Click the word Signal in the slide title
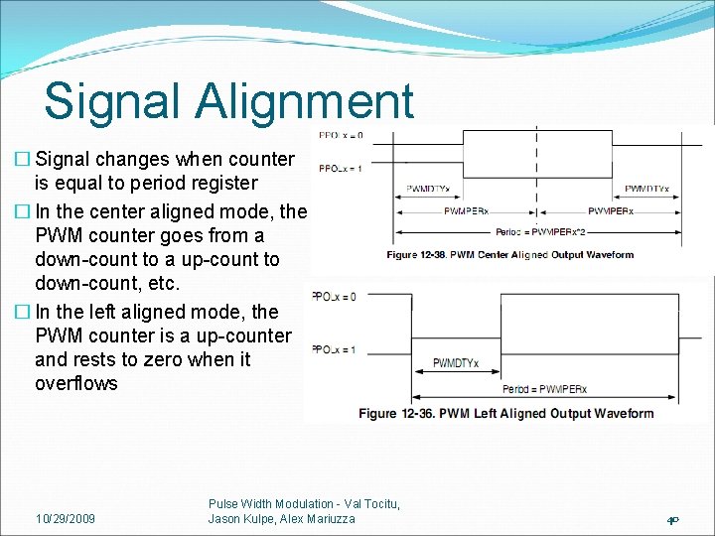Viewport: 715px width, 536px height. click(x=110, y=101)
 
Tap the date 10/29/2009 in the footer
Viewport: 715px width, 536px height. click(x=66, y=518)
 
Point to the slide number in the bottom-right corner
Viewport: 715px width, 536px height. click(x=672, y=519)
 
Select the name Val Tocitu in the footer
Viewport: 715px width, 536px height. click(x=366, y=504)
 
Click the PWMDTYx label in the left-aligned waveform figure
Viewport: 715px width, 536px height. click(x=455, y=363)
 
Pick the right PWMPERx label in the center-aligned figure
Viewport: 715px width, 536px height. click(x=613, y=211)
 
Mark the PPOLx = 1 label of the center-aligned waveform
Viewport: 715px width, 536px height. click(x=340, y=169)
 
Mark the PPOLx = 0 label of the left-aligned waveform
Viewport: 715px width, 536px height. click(x=334, y=296)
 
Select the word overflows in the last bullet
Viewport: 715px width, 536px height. click(x=75, y=384)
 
